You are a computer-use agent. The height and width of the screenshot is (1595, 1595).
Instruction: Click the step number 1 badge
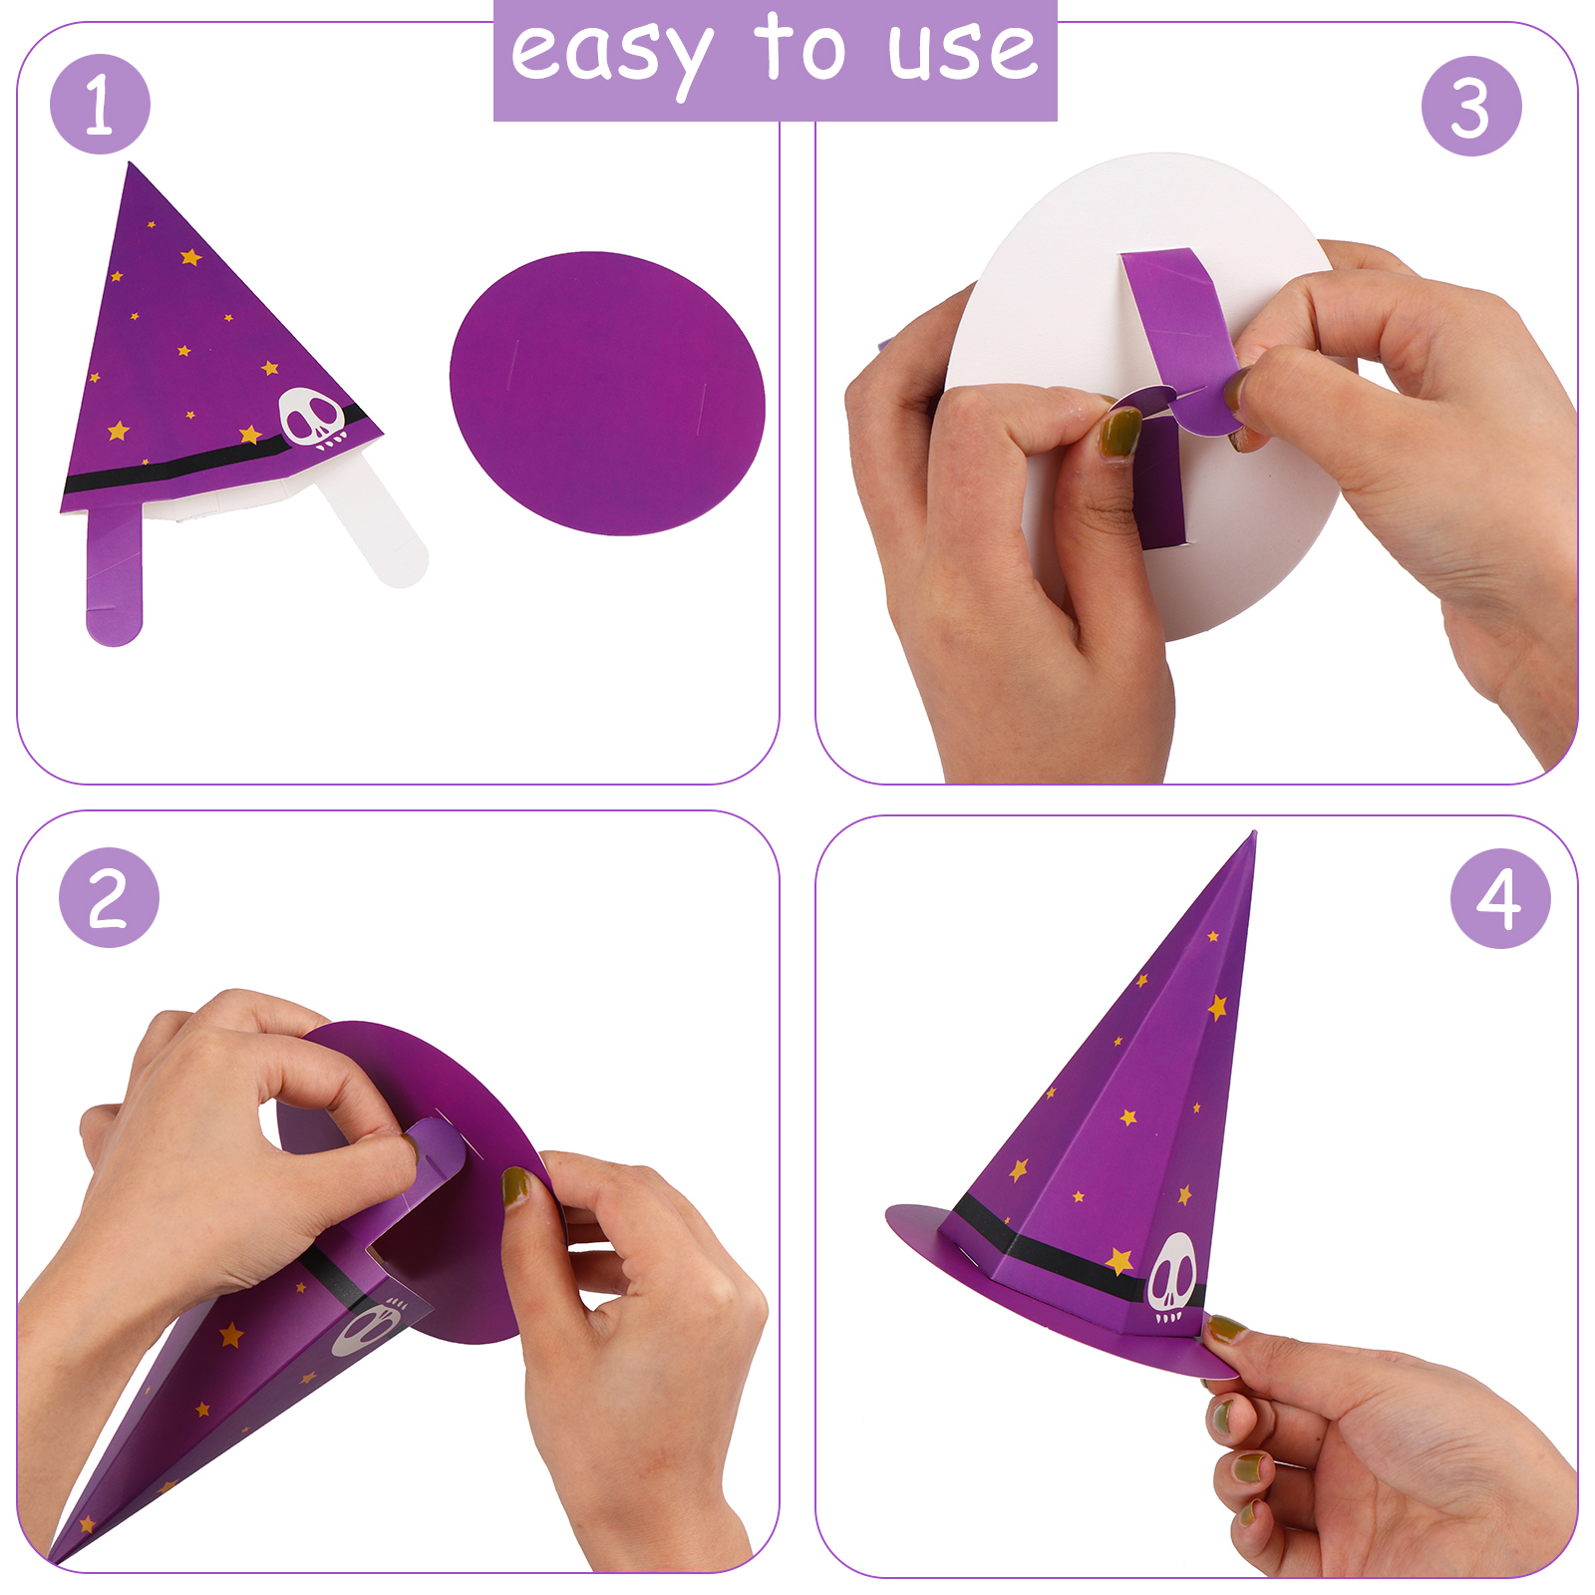(x=100, y=104)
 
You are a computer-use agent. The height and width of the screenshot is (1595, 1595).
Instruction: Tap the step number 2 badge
(x=109, y=897)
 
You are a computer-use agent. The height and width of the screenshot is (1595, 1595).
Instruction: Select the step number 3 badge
(x=1471, y=106)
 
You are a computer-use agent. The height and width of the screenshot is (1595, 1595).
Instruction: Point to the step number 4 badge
(x=1500, y=898)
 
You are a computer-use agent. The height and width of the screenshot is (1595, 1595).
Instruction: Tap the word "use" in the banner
(x=963, y=51)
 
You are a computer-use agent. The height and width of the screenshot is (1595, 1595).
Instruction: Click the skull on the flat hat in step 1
(x=313, y=419)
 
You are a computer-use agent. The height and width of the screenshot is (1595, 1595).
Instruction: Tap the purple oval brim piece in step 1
(x=607, y=393)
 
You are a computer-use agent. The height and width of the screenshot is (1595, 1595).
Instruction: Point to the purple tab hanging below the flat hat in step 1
(x=114, y=574)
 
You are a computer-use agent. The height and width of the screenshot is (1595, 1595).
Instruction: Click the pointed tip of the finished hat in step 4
(x=1253, y=833)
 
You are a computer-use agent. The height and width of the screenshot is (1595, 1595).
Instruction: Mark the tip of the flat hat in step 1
(x=131, y=164)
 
